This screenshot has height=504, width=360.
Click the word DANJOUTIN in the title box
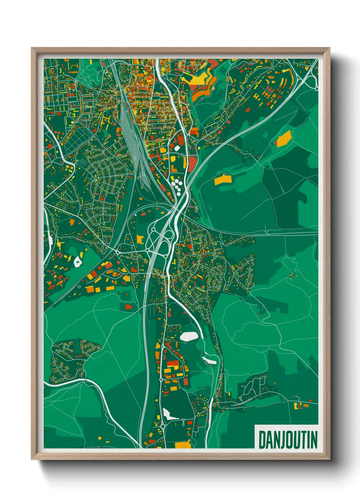pyautogui.click(x=288, y=440)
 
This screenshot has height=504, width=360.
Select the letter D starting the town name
pyautogui.click(x=262, y=440)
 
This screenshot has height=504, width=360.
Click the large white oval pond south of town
pyautogui.click(x=189, y=336)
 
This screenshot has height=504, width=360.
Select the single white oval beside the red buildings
pyautogui.click(x=177, y=148)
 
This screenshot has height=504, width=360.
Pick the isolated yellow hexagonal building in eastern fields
pyautogui.click(x=284, y=139)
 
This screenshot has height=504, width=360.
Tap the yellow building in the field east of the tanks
pyautogui.click(x=223, y=179)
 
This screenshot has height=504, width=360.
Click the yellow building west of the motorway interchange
pyautogui.click(x=140, y=239)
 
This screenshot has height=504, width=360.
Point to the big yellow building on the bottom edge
pyautogui.click(x=183, y=444)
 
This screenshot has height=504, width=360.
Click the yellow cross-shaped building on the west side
pyautogui.click(x=60, y=244)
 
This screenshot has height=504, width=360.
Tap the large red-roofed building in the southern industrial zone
pyautogui.click(x=172, y=363)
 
